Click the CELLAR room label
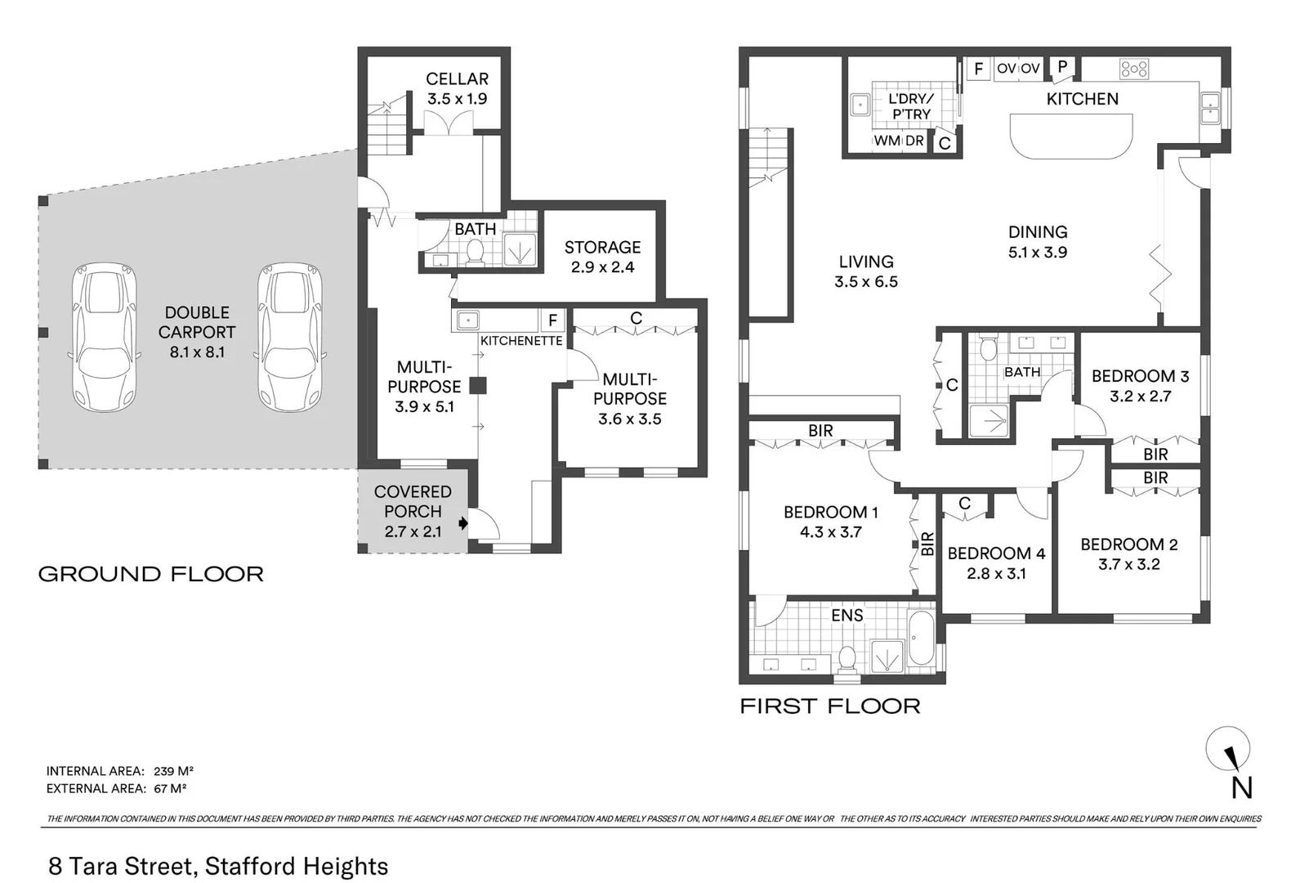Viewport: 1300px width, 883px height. click(x=457, y=79)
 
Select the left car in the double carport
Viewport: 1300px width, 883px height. click(x=104, y=336)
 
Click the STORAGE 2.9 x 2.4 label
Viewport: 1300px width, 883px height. click(x=602, y=257)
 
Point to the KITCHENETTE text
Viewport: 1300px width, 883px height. click(x=521, y=341)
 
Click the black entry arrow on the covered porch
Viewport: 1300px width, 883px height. click(x=463, y=522)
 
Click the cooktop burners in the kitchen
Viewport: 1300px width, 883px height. click(x=1134, y=69)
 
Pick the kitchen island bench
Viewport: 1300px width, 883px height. click(x=1071, y=136)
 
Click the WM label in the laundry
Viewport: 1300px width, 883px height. click(x=887, y=141)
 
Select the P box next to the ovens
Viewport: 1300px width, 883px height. click(x=1062, y=67)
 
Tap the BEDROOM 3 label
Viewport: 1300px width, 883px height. click(x=1140, y=376)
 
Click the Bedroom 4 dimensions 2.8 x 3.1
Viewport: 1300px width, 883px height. click(x=996, y=574)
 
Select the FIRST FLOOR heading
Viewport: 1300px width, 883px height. click(x=829, y=706)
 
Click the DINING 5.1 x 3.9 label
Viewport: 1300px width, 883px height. click(x=1037, y=242)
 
